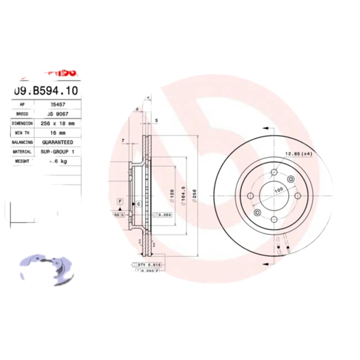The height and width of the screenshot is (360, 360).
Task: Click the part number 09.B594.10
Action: click(x=46, y=90)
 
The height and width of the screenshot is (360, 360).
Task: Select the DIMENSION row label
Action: click(x=22, y=123)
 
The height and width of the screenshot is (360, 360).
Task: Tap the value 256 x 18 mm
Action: click(x=57, y=123)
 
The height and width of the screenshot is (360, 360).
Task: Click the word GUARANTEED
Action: click(x=57, y=142)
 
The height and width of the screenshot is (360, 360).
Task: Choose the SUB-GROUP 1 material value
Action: click(x=58, y=152)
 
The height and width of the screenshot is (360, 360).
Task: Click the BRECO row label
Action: click(x=22, y=114)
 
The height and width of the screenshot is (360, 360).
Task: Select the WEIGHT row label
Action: click(x=22, y=161)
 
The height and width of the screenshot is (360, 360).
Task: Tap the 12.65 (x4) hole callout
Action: click(x=298, y=154)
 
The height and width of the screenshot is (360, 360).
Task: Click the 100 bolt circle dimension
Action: click(x=279, y=190)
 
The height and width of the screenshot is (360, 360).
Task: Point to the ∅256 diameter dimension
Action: click(x=194, y=196)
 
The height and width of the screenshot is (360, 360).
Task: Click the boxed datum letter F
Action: click(x=120, y=201)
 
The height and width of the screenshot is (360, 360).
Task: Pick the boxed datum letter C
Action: click(x=139, y=204)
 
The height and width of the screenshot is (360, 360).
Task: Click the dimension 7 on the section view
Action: click(x=122, y=141)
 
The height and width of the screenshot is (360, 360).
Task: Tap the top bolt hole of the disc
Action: click(x=274, y=171)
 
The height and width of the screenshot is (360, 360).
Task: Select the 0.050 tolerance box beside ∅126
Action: click(x=163, y=215)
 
